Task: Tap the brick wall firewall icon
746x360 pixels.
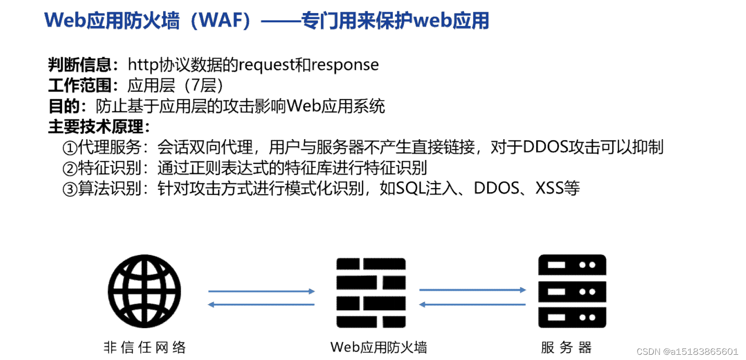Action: pyautogui.click(x=371, y=291)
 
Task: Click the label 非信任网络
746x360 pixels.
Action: pyautogui.click(x=144, y=347)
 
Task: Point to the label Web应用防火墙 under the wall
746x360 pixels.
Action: pyautogui.click(x=379, y=347)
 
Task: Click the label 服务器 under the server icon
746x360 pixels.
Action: pyautogui.click(x=566, y=347)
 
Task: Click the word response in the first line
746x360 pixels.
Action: pyautogui.click(x=345, y=65)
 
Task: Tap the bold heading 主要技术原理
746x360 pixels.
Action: pyautogui.click(x=96, y=127)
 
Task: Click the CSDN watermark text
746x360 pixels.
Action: pyautogui.click(x=687, y=352)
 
